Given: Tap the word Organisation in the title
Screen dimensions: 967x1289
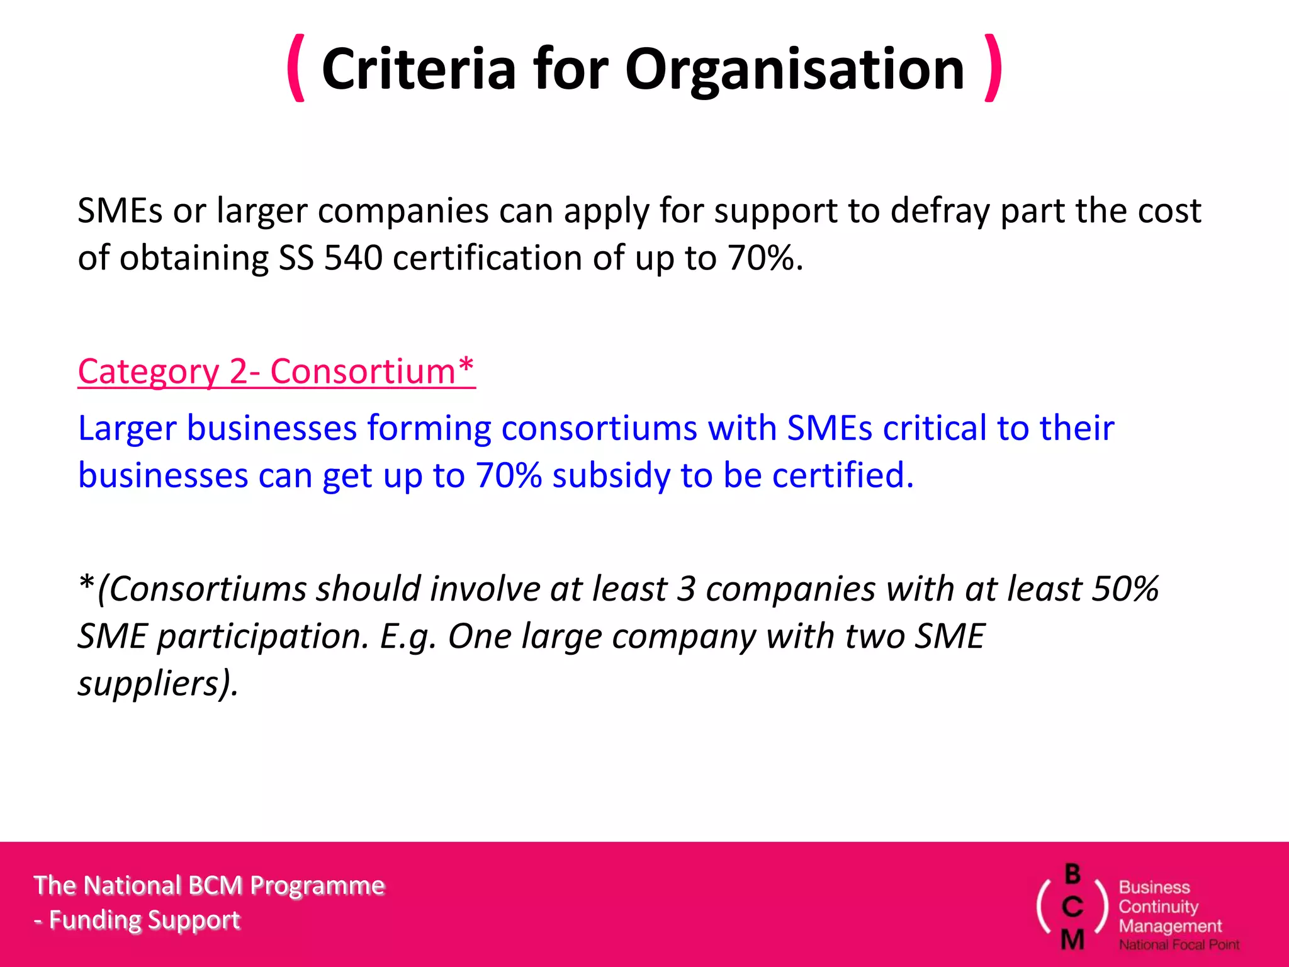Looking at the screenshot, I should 794,69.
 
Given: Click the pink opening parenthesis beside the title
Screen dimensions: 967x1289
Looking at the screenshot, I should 296,68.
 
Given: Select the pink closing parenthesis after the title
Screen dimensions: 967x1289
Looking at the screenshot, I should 993,68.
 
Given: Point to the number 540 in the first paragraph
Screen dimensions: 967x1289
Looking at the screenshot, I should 353,258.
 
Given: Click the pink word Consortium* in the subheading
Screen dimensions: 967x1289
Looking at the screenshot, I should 372,371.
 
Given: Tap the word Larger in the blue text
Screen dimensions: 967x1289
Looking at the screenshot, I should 127,429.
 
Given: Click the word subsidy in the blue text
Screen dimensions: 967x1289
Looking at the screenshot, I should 611,475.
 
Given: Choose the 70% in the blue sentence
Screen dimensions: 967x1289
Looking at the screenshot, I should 509,475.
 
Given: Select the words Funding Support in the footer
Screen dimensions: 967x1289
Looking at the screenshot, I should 144,920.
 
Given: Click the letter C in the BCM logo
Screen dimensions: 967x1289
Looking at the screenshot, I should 1072,907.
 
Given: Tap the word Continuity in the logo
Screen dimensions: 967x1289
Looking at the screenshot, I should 1158,907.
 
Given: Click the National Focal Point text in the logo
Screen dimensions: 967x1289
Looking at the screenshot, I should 1179,944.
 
